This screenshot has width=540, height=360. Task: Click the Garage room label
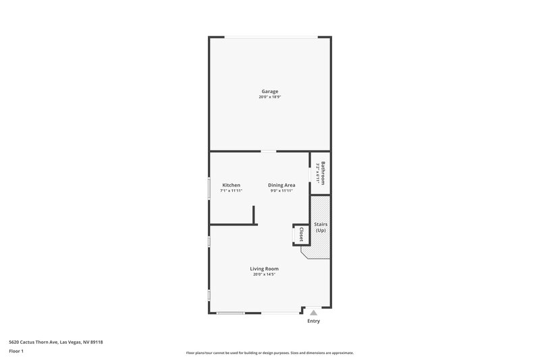tap(270, 91)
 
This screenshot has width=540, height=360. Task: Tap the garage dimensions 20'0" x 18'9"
tap(270, 97)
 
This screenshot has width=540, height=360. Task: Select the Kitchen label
tap(232, 185)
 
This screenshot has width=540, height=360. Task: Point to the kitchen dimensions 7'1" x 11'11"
tap(232, 191)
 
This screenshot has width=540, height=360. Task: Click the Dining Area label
tap(281, 185)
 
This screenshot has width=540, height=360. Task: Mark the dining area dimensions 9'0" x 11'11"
tap(281, 191)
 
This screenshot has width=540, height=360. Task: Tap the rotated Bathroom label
tap(323, 173)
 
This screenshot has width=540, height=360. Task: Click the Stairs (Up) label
tap(321, 228)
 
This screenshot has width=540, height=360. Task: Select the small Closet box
tap(300, 234)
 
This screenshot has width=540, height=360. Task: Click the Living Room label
tap(265, 268)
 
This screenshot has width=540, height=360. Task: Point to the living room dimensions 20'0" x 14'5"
tap(265, 274)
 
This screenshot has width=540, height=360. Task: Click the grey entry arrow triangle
tap(313, 312)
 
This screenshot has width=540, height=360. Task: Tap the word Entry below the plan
tap(313, 322)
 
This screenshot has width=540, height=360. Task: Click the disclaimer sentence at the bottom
tap(270, 353)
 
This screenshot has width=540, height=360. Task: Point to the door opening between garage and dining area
tap(269, 151)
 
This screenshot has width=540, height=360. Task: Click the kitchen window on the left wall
tap(209, 187)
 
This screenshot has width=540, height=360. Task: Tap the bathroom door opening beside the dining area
tap(310, 174)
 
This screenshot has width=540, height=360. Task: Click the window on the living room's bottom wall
tap(230, 313)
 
